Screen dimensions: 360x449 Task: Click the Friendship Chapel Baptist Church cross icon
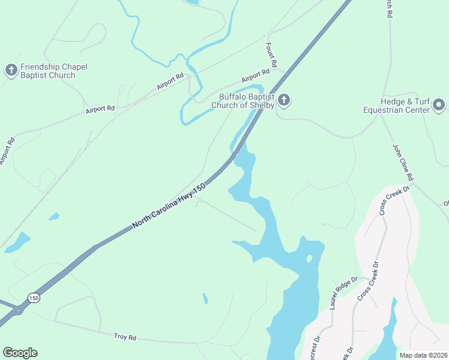tap(11, 70)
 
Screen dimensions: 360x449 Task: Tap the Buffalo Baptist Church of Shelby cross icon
tap(284, 100)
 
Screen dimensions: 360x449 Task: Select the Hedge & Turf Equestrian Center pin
tap(439, 105)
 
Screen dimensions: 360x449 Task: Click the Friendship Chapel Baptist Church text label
tap(48, 71)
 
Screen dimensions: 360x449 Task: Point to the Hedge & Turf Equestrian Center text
tap(397, 106)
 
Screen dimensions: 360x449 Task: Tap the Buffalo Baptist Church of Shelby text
tap(243, 101)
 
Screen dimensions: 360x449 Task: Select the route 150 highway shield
tap(33, 298)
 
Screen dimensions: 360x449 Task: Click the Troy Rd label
tap(125, 338)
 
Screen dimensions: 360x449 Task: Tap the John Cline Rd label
tap(403, 162)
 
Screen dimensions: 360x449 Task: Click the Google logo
tap(20, 352)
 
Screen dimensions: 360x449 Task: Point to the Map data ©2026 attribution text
tap(423, 355)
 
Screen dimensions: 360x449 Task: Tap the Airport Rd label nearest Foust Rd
tap(256, 76)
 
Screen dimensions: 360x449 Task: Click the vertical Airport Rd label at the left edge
tap(7, 151)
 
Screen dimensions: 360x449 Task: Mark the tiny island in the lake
tap(309, 259)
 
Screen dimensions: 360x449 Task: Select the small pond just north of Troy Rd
tap(205, 298)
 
